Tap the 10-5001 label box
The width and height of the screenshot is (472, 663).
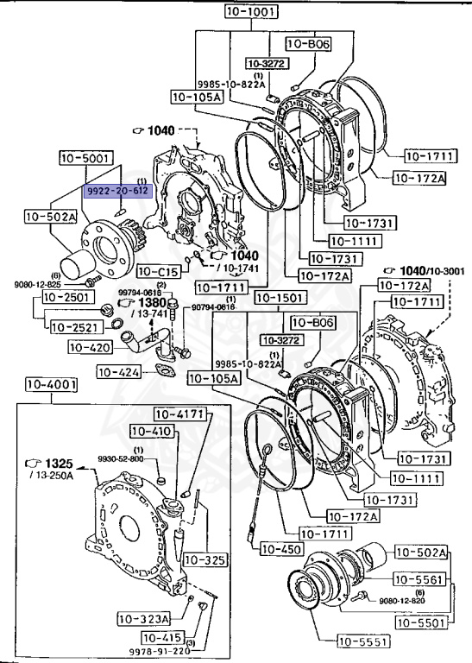point(85,158)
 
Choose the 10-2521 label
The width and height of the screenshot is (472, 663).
point(73,326)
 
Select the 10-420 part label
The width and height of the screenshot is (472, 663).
point(90,347)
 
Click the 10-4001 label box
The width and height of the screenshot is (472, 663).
point(51,384)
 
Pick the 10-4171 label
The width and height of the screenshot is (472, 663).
point(179,414)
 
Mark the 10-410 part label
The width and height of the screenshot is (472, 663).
point(152,431)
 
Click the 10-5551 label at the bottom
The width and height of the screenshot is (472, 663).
point(364,641)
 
